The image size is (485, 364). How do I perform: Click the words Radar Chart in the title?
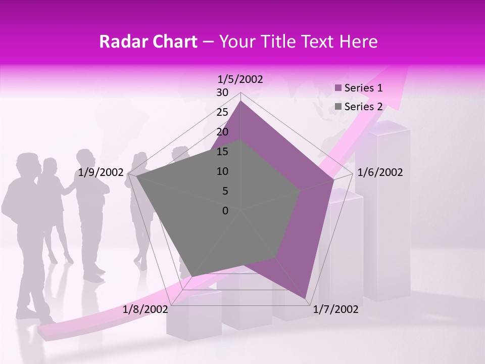tap(148, 41)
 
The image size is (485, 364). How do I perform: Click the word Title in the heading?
tap(278, 41)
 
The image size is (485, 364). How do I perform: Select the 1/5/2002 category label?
tap(240, 79)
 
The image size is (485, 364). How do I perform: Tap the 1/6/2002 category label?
tap(380, 172)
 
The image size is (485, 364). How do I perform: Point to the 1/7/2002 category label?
tap(335, 309)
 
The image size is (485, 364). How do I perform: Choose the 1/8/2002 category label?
tap(145, 309)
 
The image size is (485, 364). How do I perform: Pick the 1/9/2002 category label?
tap(101, 172)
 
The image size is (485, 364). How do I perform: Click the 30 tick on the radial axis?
tap(222, 93)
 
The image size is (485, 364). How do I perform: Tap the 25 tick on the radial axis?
tap(222, 112)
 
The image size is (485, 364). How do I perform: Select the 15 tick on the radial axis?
tap(222, 152)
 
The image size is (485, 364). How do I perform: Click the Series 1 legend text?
tap(363, 88)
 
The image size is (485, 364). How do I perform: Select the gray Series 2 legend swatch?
tap(338, 107)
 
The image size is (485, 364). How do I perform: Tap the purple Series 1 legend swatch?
tap(338, 88)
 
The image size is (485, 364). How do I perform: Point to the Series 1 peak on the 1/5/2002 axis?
tap(240, 101)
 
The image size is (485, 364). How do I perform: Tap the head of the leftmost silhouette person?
tap(27, 164)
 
